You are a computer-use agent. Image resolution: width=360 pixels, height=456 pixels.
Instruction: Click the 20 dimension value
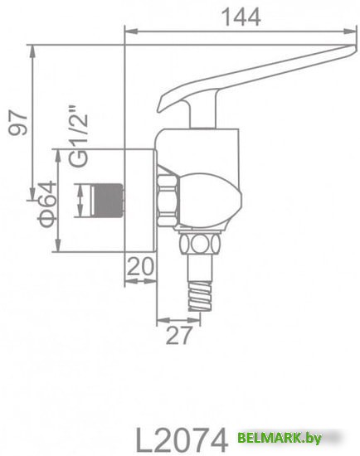142,267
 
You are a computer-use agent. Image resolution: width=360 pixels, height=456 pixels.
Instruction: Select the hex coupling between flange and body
167,199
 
